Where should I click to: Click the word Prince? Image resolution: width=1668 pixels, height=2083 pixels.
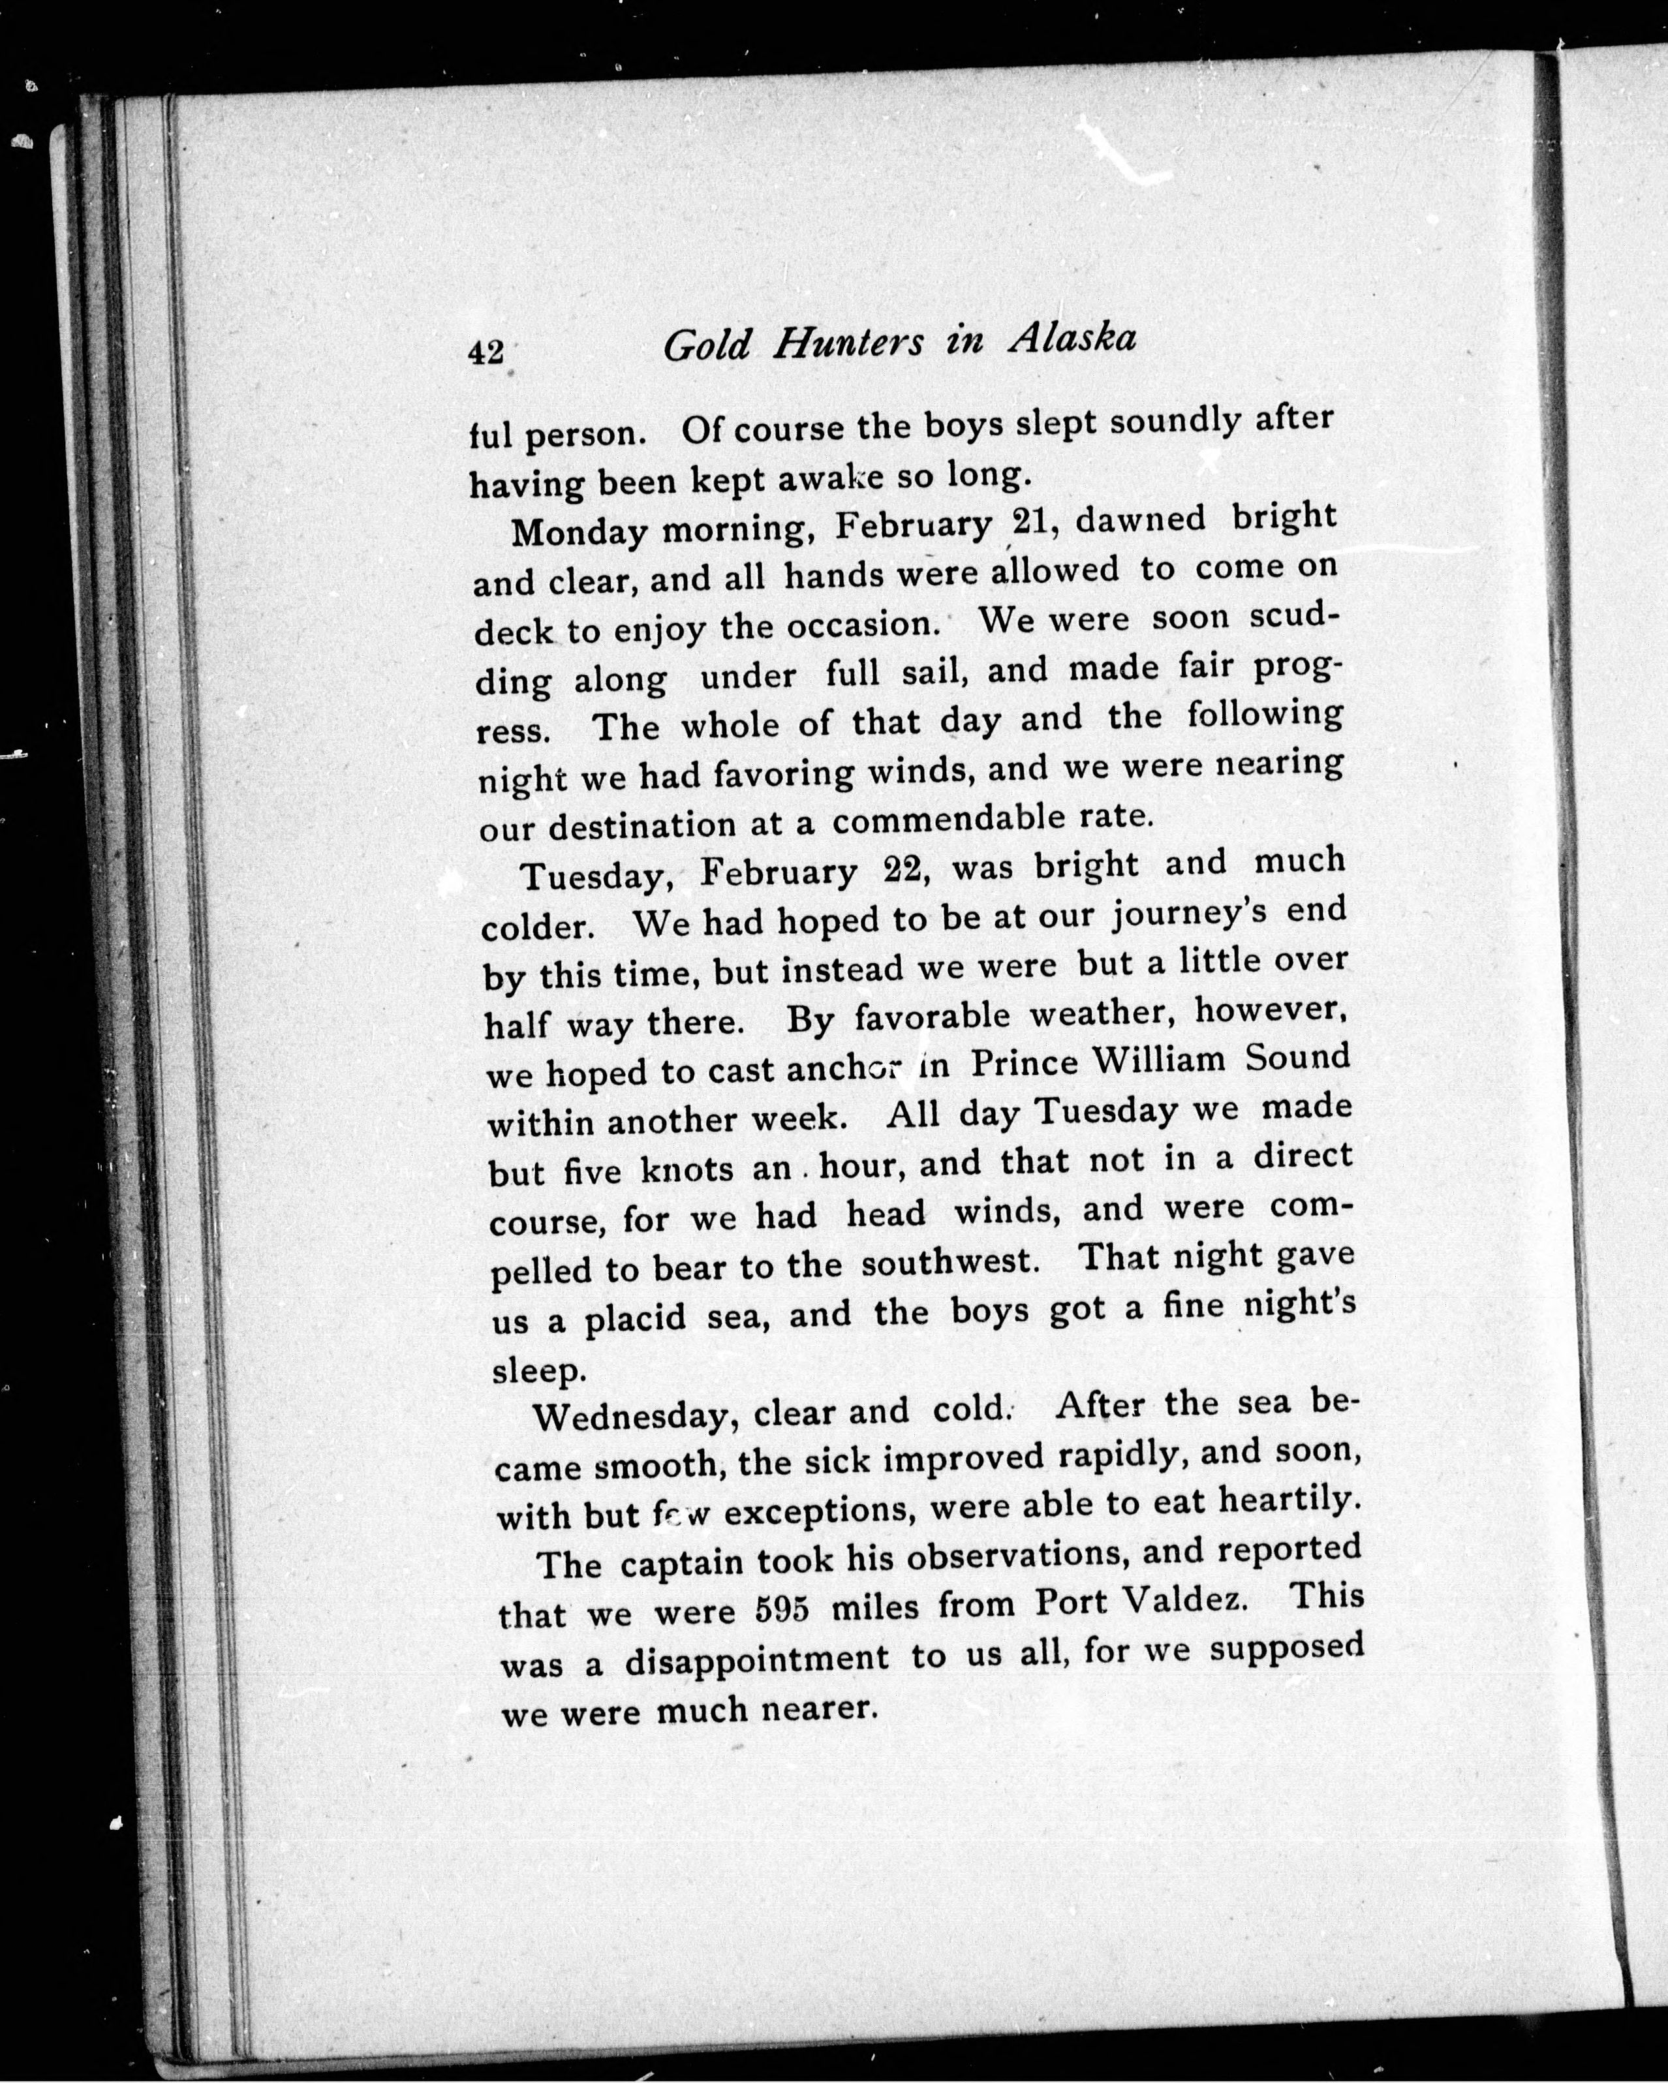pyautogui.click(x=1025, y=1063)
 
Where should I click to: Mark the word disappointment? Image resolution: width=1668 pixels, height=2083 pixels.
pyautogui.click(x=756, y=1658)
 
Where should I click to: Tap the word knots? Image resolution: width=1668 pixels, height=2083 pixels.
pyautogui.click(x=686, y=1170)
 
